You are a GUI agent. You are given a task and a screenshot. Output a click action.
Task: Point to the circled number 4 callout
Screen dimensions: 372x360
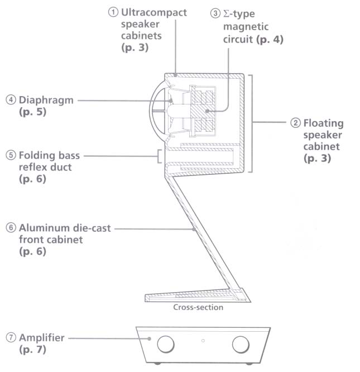[x=11, y=100]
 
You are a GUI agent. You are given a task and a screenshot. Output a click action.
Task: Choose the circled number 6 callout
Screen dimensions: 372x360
[x=11, y=228]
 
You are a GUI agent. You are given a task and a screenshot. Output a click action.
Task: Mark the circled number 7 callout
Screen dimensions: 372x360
[x=11, y=337]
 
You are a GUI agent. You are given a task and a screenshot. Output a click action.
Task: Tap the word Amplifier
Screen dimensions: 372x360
[x=42, y=337]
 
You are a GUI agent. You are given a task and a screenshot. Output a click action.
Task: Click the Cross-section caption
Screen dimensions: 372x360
[x=198, y=307]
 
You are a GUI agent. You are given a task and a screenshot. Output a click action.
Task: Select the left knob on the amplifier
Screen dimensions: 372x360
[x=166, y=343]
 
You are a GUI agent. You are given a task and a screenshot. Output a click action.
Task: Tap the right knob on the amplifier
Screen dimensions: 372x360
[x=241, y=343]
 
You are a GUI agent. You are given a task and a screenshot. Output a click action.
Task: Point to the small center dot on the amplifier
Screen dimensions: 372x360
[x=203, y=340]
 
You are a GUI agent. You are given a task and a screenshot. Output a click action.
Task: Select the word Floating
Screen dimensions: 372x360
[x=324, y=123]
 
